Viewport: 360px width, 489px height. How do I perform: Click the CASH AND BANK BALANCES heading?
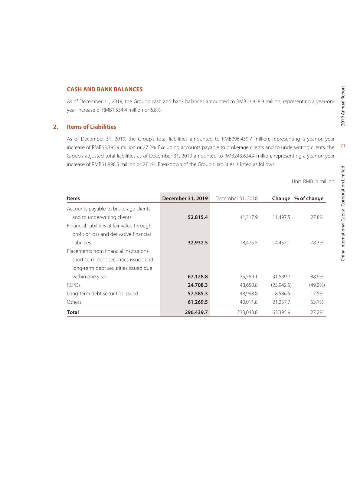[x=104, y=89]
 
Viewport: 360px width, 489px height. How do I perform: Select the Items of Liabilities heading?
[x=91, y=127]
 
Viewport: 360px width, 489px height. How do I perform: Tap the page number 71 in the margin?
[x=343, y=146]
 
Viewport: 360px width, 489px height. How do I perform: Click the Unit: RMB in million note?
[x=313, y=182]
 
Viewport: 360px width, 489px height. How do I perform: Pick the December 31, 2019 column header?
[x=185, y=199]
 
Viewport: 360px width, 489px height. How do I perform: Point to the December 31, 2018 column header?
[x=236, y=199]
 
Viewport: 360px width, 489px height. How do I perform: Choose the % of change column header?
[x=309, y=199]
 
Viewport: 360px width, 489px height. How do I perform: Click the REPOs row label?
[x=74, y=285]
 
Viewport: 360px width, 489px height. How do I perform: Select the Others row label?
[x=74, y=302]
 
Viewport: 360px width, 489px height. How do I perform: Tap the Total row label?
[x=73, y=312]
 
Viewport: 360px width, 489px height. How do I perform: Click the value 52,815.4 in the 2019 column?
[x=198, y=217]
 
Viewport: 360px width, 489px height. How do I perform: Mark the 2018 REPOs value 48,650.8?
[x=248, y=285]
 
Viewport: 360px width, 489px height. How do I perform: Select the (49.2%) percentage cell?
[x=317, y=285]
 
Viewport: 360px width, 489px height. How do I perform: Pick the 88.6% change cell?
[x=317, y=277]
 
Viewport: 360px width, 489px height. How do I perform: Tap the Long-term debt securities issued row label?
[x=102, y=294]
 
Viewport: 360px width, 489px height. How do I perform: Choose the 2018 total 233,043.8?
[x=247, y=312]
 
